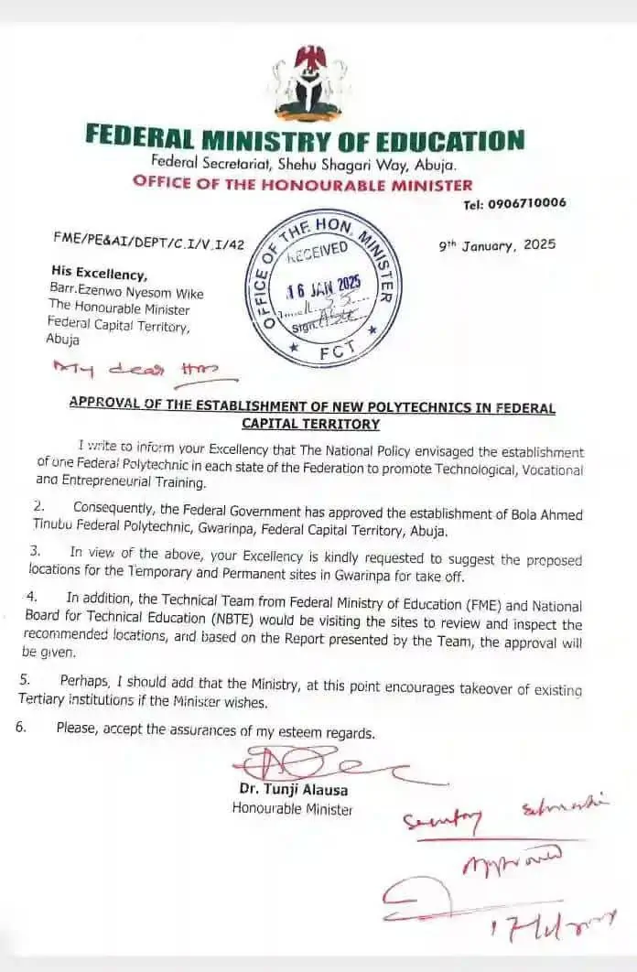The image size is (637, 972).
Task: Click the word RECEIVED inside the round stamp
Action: tap(318, 250)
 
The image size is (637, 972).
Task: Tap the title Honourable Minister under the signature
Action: tap(292, 808)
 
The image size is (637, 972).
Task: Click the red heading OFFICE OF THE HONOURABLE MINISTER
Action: tap(303, 183)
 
